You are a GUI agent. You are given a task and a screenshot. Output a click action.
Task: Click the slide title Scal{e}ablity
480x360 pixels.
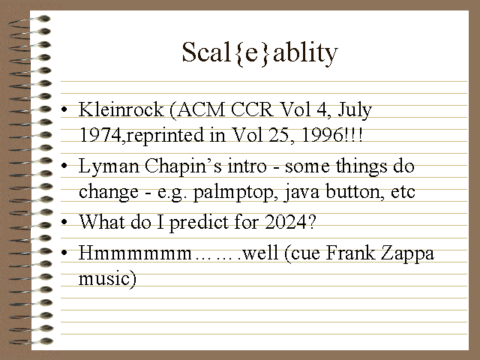click(x=260, y=52)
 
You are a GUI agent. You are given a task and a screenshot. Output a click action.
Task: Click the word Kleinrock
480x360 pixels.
click(x=121, y=109)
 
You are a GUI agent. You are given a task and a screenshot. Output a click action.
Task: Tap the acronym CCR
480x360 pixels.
click(x=252, y=109)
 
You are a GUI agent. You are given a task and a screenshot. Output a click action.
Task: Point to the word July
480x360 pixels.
click(x=355, y=110)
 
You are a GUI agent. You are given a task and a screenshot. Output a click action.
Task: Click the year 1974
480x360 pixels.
click(x=100, y=135)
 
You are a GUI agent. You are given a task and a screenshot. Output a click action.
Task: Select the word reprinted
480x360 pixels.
click(x=165, y=136)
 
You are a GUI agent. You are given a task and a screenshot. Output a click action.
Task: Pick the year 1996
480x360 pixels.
click(x=322, y=135)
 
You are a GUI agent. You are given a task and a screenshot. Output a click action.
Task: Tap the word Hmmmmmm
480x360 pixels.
click(x=135, y=253)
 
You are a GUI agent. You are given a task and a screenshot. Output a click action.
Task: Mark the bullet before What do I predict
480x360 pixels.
click(x=64, y=222)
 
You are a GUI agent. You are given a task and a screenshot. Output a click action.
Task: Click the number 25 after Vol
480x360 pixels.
click(x=278, y=135)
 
